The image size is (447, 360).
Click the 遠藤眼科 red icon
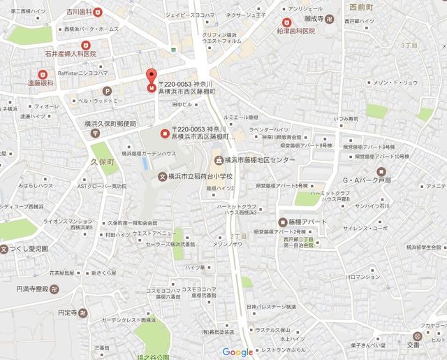(x=42, y=74)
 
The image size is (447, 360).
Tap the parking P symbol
(x=107, y=90)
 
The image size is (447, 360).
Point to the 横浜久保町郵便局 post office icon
(x=95, y=134)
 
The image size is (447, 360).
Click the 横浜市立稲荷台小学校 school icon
(x=163, y=177)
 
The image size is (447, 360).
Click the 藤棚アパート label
(x=302, y=222)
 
